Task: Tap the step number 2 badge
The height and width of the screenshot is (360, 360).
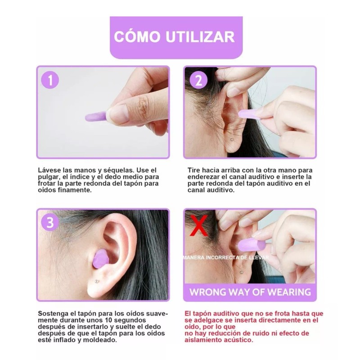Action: tap(198, 81)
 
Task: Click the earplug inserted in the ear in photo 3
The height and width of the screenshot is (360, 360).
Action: tap(100, 260)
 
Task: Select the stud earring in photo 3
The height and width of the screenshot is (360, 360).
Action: tap(96, 281)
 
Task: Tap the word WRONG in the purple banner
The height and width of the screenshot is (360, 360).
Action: tap(208, 292)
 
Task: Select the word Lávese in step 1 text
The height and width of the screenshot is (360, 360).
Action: tap(49, 171)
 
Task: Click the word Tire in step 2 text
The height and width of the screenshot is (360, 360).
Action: tap(194, 171)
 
